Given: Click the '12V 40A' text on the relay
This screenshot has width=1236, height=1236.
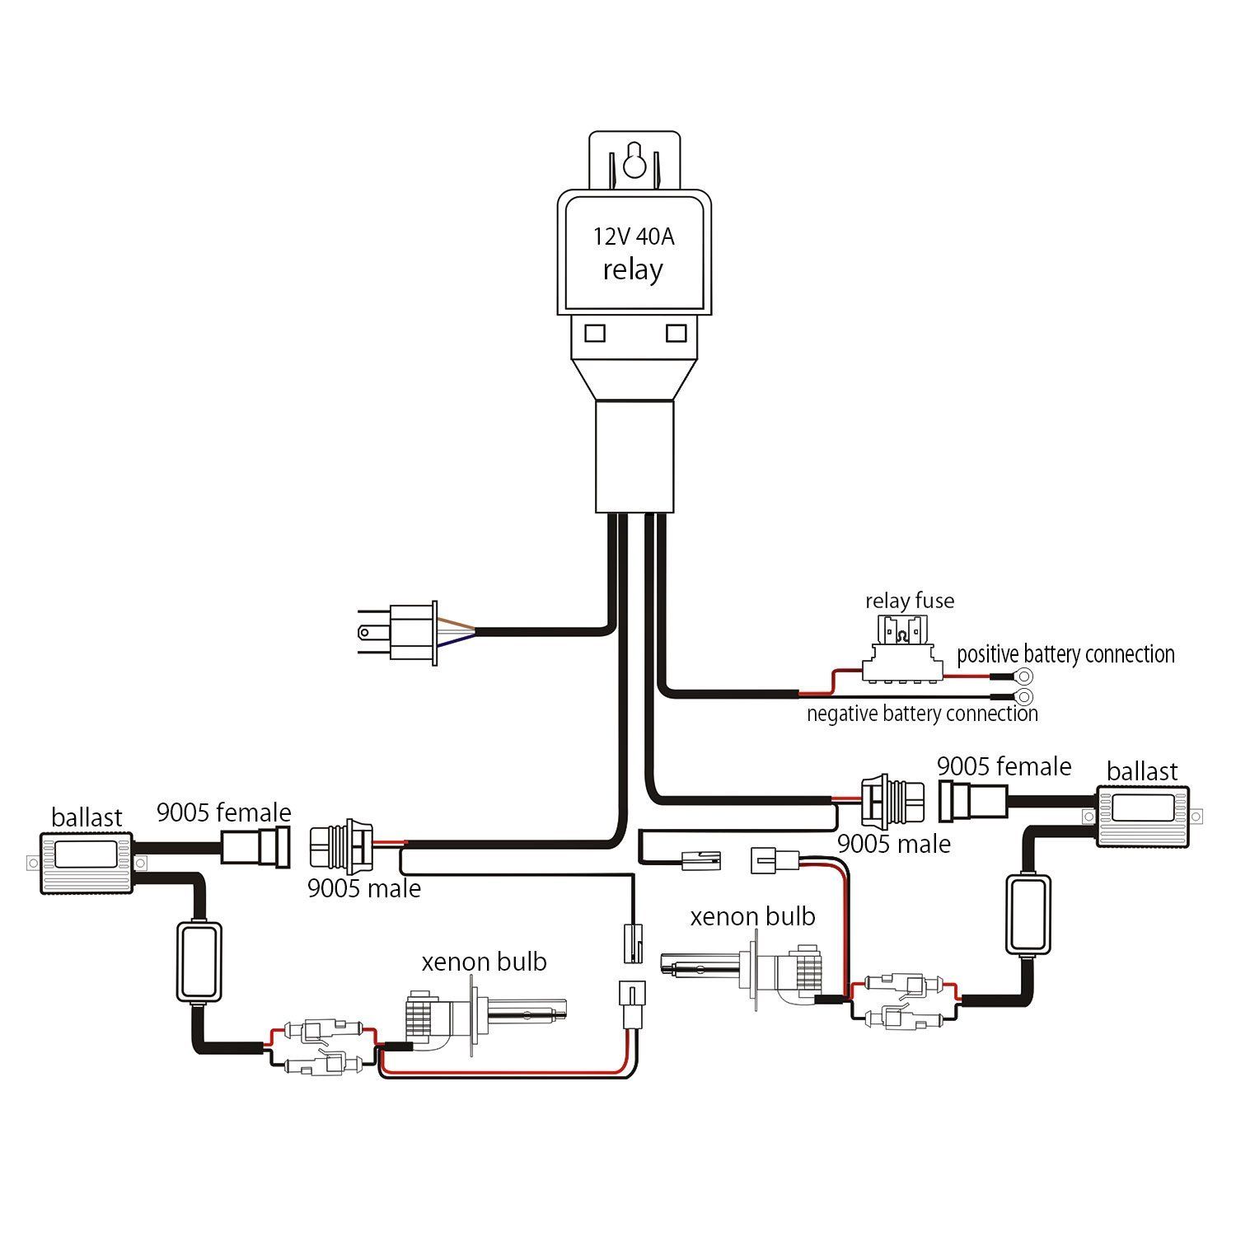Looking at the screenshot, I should [x=633, y=236].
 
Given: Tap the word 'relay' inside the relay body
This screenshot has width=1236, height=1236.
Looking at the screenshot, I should [x=633, y=270].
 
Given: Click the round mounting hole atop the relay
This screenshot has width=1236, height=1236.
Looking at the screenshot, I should [x=634, y=163].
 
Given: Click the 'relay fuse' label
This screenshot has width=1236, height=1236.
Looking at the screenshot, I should [x=910, y=601].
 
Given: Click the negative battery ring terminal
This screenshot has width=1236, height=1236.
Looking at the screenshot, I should [x=1025, y=697].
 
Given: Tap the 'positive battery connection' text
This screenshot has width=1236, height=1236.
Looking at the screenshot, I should [x=1065, y=654].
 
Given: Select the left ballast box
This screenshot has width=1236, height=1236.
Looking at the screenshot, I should [x=87, y=862].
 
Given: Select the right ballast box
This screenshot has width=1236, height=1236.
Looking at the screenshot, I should [x=1143, y=816].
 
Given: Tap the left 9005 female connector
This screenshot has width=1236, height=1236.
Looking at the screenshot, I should [x=255, y=848].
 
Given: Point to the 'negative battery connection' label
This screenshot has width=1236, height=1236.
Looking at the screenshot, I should [x=921, y=714].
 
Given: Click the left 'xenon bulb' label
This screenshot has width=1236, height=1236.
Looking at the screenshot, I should [x=484, y=962].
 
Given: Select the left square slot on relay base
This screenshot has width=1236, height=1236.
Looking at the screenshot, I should [x=595, y=333].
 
